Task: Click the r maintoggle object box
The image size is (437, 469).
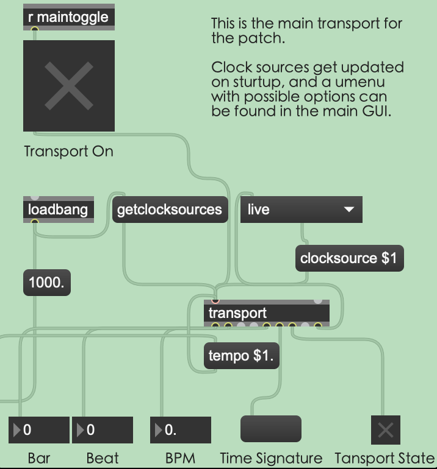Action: (x=68, y=17)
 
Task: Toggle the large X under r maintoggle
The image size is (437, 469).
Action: (x=69, y=86)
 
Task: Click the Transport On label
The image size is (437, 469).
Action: (x=68, y=151)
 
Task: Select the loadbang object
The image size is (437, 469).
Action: (x=58, y=210)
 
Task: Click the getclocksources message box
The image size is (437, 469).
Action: (x=169, y=210)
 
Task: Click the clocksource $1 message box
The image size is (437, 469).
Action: (x=349, y=258)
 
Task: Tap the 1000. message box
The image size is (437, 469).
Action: (x=46, y=283)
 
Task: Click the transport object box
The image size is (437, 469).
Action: (x=267, y=313)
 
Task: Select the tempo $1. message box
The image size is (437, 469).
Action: (x=241, y=356)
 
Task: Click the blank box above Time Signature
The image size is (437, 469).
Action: (x=271, y=429)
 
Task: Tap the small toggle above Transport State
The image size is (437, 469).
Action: (x=385, y=431)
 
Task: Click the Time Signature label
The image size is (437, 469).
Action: (x=271, y=458)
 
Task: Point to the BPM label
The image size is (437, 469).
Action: (x=180, y=458)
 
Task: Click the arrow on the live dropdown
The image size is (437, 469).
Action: (x=349, y=210)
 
